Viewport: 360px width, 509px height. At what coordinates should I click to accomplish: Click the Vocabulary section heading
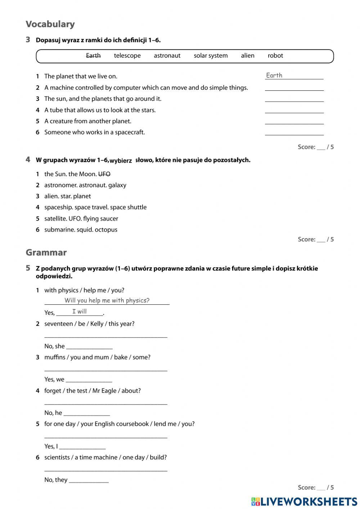[x=50, y=24]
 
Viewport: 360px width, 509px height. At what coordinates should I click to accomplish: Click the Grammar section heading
[x=46, y=253]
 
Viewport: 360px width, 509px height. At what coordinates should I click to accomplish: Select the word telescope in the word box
[x=127, y=55]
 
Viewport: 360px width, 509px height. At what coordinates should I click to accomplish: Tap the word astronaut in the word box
[x=167, y=55]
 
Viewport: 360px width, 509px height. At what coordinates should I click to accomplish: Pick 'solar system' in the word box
[x=211, y=55]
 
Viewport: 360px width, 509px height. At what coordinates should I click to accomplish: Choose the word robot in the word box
[x=275, y=55]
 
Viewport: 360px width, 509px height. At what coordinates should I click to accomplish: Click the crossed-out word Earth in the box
[x=93, y=55]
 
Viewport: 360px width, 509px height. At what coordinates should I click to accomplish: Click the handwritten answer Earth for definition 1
[x=274, y=75]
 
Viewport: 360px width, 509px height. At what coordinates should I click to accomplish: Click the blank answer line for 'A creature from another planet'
[x=294, y=121]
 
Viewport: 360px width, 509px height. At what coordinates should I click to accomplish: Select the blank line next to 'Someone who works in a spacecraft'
[x=294, y=133]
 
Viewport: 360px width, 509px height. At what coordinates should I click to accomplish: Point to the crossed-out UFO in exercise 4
[x=104, y=174]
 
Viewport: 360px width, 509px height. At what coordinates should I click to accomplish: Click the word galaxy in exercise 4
[x=117, y=185]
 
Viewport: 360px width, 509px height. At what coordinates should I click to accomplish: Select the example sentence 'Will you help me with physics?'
[x=107, y=300]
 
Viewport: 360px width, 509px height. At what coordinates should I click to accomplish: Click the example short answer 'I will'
[x=80, y=312]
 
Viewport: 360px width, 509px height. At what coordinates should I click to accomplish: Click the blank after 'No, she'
[x=89, y=347]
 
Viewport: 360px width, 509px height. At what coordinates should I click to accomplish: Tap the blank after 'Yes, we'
[x=89, y=380]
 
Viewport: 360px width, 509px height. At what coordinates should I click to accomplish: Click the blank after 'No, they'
[x=89, y=480]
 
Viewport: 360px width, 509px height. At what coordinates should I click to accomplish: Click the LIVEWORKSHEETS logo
[x=304, y=501]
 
